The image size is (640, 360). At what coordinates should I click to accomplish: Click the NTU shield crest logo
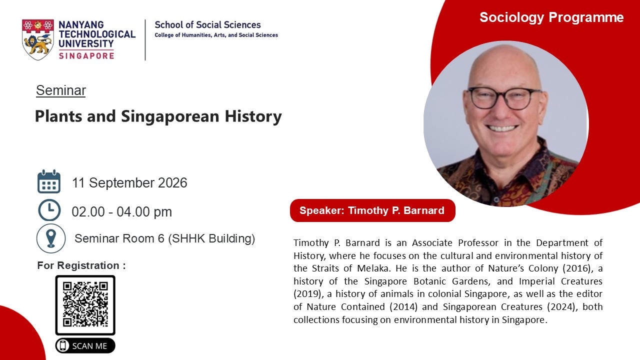point(37,39)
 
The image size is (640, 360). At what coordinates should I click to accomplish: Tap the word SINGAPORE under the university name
point(86,55)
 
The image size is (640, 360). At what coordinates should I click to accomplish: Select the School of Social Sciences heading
point(207,25)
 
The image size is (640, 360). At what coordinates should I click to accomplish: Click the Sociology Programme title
point(551,17)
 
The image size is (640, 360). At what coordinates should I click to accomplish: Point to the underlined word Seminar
point(61,90)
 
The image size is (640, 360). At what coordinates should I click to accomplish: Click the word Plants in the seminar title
point(58,116)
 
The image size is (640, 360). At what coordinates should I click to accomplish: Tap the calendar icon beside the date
point(49,181)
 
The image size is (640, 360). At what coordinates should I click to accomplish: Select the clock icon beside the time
point(49,210)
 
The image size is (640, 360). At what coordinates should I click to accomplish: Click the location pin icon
point(51,238)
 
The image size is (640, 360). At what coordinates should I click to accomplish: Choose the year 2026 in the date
point(172,183)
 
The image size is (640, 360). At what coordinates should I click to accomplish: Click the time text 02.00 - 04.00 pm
point(121,212)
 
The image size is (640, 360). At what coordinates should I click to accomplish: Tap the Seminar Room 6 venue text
point(165,238)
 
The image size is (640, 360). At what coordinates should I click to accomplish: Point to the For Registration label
point(81,265)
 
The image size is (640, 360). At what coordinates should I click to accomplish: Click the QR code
point(85,305)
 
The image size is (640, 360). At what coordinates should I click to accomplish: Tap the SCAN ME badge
point(85,345)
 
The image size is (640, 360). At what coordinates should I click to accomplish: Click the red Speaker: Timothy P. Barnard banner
point(372,210)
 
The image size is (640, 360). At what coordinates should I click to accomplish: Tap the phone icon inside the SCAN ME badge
point(62,345)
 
